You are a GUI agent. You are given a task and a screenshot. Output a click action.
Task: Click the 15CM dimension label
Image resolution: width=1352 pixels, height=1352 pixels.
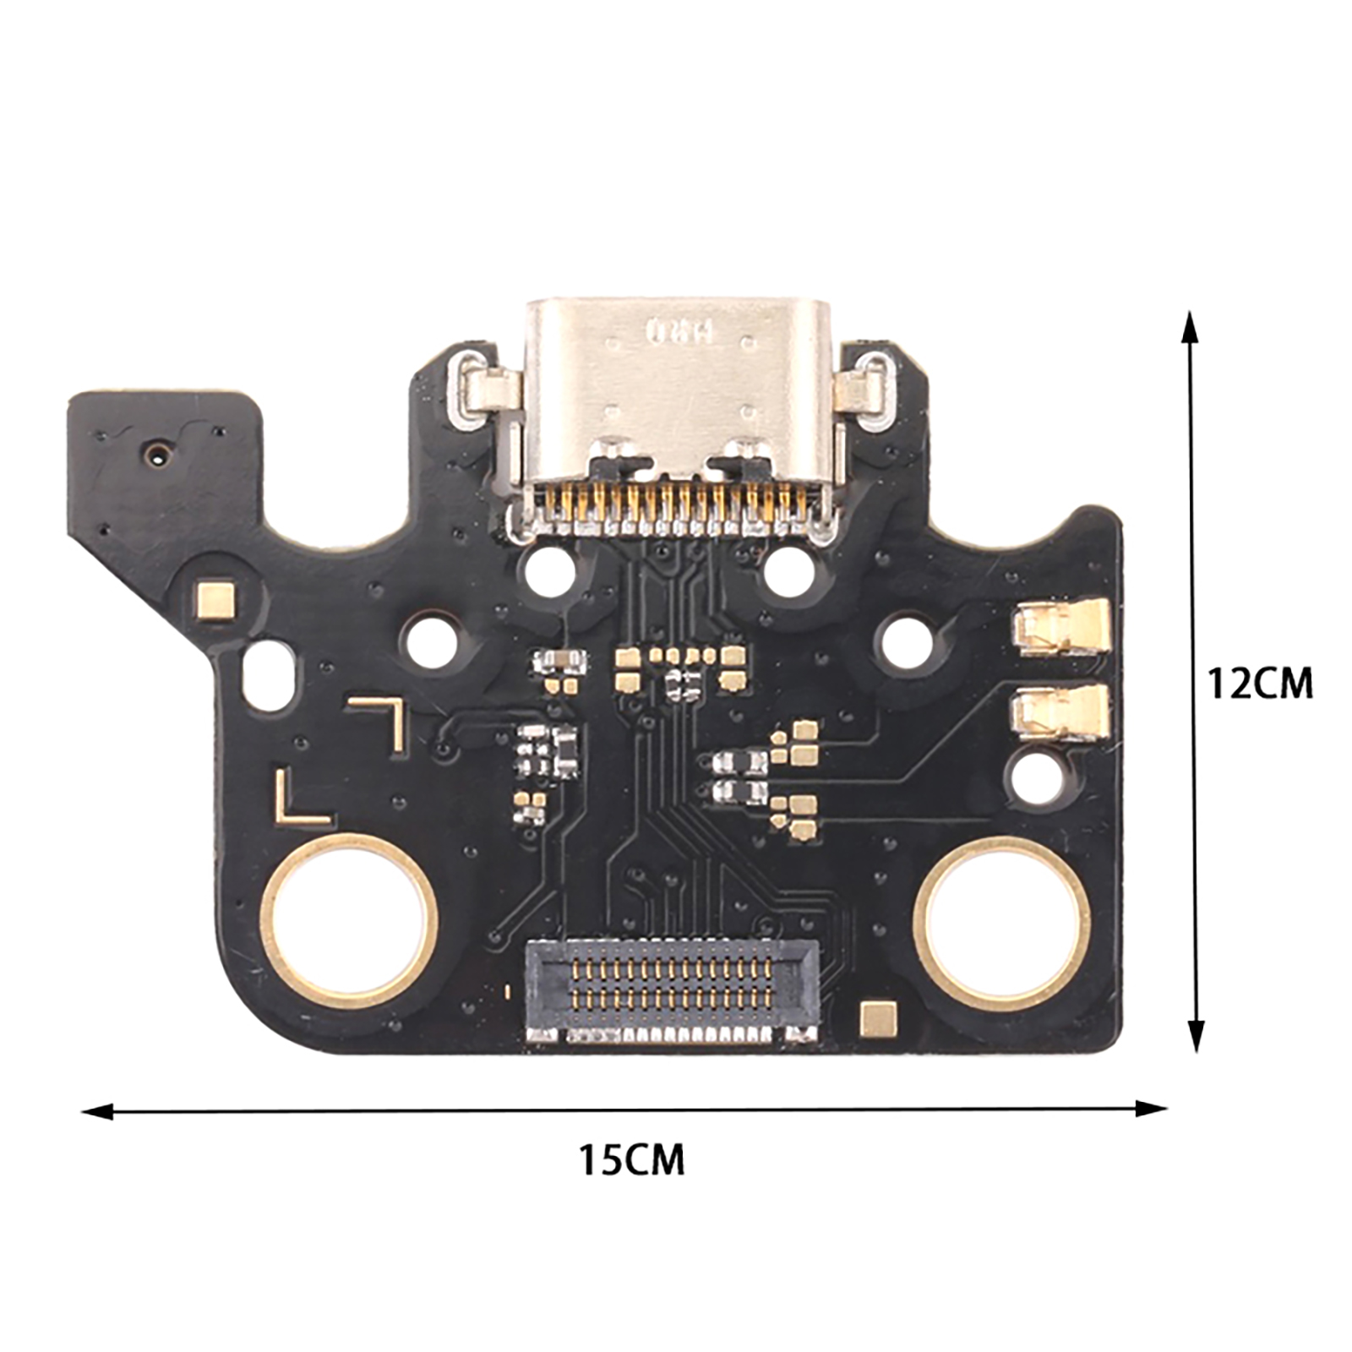(x=631, y=1159)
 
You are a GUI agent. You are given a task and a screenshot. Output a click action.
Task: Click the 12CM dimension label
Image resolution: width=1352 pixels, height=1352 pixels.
(x=1260, y=683)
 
